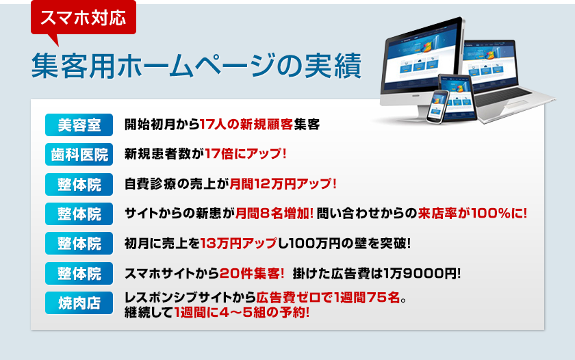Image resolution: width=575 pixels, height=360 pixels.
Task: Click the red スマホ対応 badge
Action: click(84, 18)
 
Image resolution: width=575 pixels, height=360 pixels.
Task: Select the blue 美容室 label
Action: click(79, 125)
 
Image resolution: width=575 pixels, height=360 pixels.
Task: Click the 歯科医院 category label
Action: click(79, 155)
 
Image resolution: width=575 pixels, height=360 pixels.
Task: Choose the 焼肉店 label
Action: click(79, 303)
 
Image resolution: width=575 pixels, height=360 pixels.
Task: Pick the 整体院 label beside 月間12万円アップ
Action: click(79, 184)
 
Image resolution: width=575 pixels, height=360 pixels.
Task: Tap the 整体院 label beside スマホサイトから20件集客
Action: click(79, 273)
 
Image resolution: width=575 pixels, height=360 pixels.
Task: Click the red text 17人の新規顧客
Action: click(246, 125)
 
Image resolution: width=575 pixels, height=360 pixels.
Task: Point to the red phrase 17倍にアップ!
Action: click(245, 153)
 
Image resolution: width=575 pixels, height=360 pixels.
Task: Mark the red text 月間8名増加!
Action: click(274, 214)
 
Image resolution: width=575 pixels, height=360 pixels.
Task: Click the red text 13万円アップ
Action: click(239, 243)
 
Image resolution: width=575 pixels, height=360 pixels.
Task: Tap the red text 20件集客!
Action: click(252, 273)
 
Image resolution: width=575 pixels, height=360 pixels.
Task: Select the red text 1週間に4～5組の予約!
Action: click(242, 313)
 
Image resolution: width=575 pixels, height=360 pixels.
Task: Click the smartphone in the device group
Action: click(437, 106)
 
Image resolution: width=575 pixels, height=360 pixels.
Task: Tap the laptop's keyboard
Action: click(506, 95)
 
